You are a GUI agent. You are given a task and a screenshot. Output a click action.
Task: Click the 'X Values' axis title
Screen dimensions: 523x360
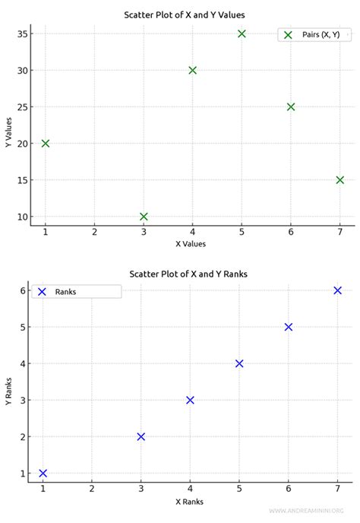191,244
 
